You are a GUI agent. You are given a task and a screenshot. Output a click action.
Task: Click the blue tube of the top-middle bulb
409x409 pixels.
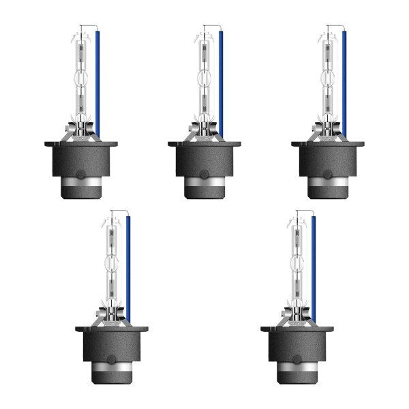tap(221, 82)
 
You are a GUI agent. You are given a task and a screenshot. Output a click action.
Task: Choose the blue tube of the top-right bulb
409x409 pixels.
tap(344, 82)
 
